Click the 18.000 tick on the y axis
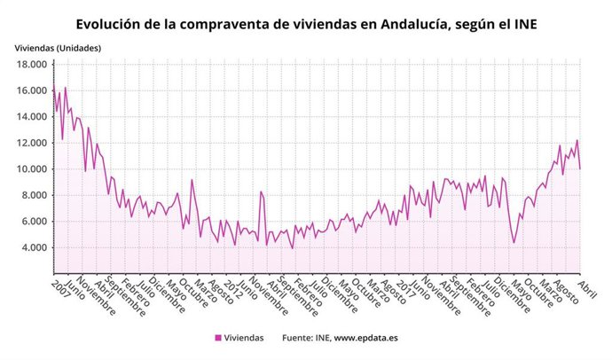(x=31, y=65)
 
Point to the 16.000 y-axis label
(x=31, y=90)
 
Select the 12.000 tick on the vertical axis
(x=31, y=143)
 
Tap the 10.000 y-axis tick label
(x=31, y=169)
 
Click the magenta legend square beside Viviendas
(x=218, y=338)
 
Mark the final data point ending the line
(x=580, y=168)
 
